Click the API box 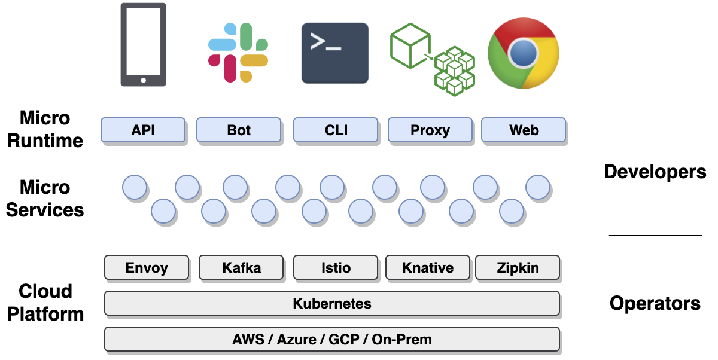click(x=143, y=130)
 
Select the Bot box click(x=239, y=130)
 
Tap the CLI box click(x=336, y=130)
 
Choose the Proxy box click(x=430, y=130)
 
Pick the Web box click(x=524, y=130)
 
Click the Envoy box click(x=147, y=267)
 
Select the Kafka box click(x=241, y=267)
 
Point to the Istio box click(x=336, y=267)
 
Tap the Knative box click(x=428, y=267)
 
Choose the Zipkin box click(x=518, y=267)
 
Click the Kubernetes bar click(x=332, y=303)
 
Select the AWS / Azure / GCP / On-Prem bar click(x=332, y=339)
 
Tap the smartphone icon click(x=143, y=45)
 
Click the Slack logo click(x=238, y=53)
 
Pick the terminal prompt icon click(x=334, y=53)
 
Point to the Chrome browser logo click(x=524, y=53)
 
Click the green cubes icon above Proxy click(x=432, y=59)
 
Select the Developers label click(x=655, y=172)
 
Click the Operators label click(x=655, y=303)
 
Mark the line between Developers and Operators click(x=655, y=236)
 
